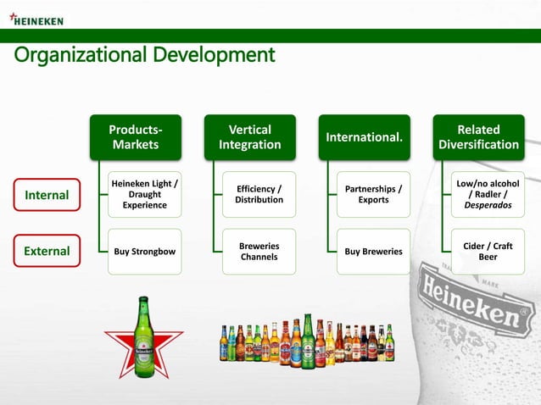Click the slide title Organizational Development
coord(144,55)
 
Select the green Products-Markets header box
coord(136,137)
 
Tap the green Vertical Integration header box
coord(250,137)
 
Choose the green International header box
coord(365,137)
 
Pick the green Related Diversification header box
coord(478,137)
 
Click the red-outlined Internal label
coord(47,195)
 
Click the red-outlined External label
coord(47,251)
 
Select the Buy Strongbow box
coord(145,251)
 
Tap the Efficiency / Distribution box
coord(259,194)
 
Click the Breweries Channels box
coord(259,251)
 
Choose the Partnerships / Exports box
coord(373,194)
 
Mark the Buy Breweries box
coord(373,251)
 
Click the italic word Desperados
coord(488,205)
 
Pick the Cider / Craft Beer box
coord(488,251)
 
